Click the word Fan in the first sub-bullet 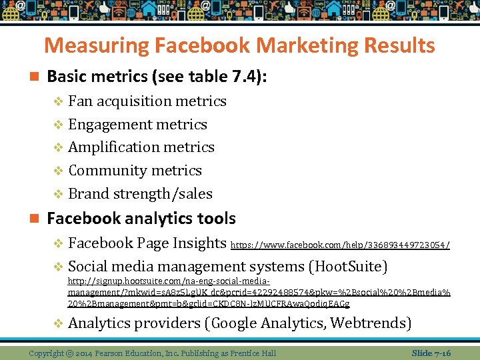(81, 101)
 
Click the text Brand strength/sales (140, 194)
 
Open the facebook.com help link (340, 245)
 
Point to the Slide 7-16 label (431, 352)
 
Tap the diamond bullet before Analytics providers (58, 324)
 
